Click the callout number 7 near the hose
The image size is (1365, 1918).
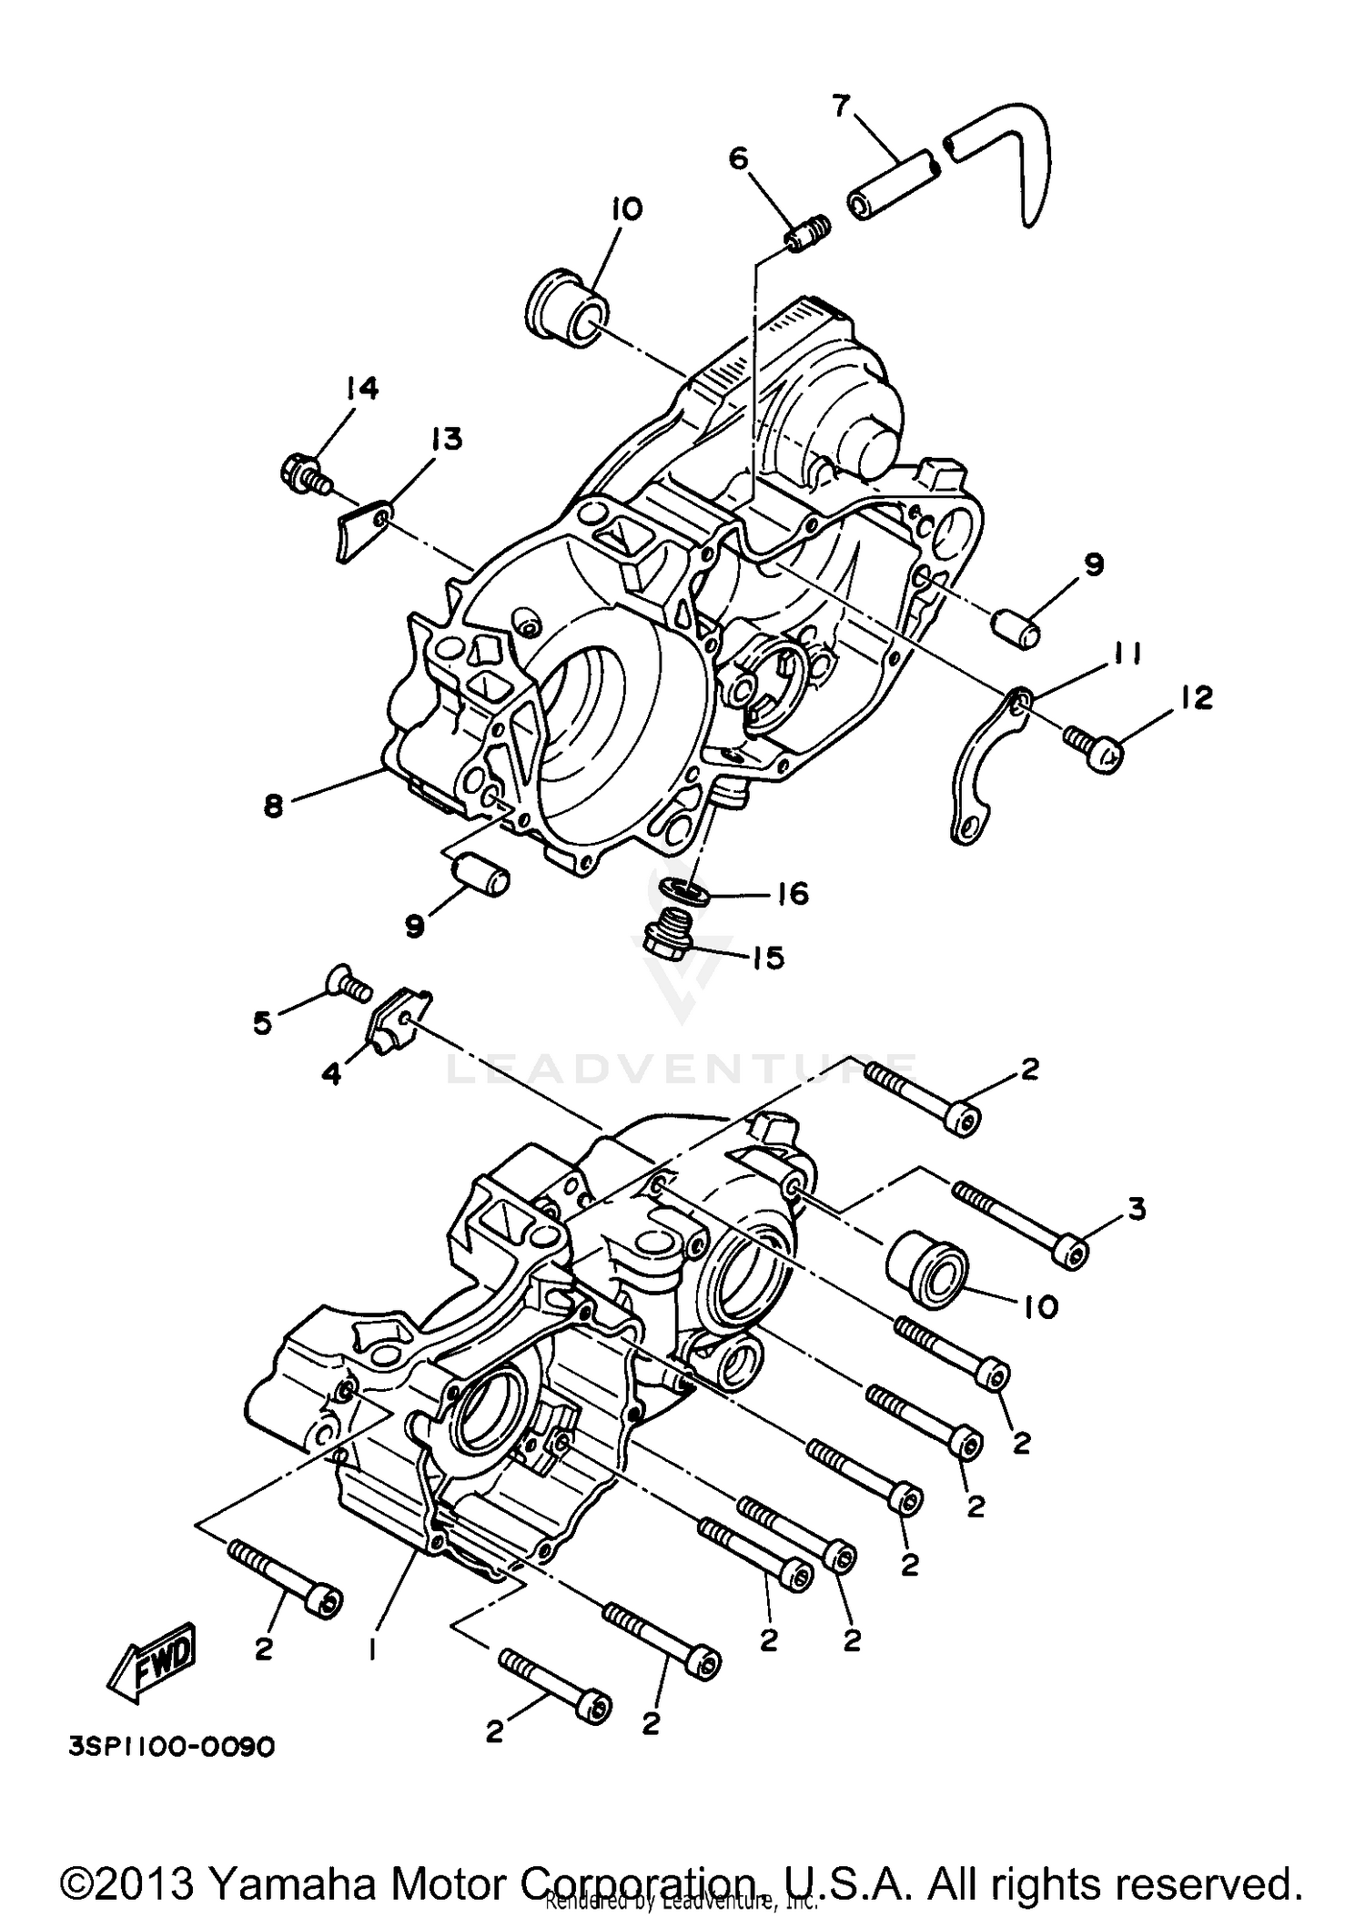point(842,107)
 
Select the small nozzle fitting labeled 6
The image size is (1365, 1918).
point(805,236)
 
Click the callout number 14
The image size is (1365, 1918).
point(361,389)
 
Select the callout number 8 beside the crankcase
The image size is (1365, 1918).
point(274,806)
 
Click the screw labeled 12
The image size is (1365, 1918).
point(1097,750)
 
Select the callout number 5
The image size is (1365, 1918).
point(262,1023)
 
